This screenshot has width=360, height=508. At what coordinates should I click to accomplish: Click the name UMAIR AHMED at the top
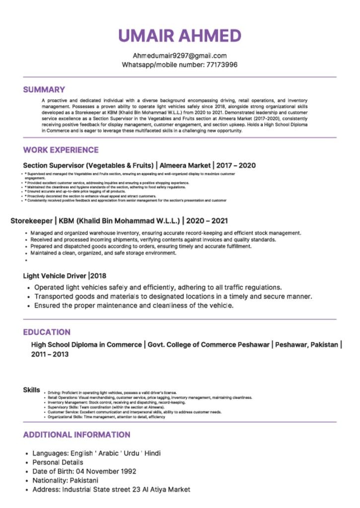coord(180,36)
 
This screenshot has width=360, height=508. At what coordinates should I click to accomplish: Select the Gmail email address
coord(180,56)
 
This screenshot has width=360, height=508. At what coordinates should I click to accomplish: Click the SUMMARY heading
coord(44,90)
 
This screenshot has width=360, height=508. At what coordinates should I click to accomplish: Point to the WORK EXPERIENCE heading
coord(61,150)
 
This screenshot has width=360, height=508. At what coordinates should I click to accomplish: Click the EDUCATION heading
coord(47,332)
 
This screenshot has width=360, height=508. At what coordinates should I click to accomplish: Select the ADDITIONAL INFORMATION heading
coord(76,435)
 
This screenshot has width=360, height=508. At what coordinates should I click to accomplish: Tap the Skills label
coord(32,390)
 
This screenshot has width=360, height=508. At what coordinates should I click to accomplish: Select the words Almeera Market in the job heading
coord(185,165)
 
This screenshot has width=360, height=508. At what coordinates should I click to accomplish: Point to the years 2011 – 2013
coord(50,354)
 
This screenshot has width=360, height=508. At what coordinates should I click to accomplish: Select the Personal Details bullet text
coord(58,462)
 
